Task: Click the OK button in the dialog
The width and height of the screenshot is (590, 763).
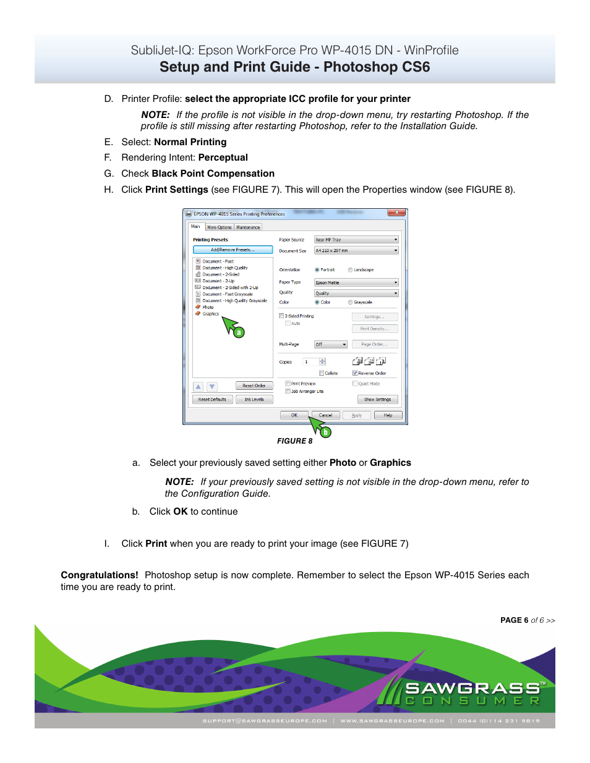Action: pyautogui.click(x=294, y=415)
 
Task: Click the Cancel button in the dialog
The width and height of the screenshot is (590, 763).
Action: pyautogui.click(x=325, y=415)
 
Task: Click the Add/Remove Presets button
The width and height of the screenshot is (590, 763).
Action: pyautogui.click(x=233, y=250)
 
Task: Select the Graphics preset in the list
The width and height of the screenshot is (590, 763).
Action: pyautogui.click(x=211, y=314)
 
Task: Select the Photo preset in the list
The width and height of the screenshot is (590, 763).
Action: pyautogui.click(x=208, y=307)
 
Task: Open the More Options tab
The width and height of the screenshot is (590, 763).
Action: pyautogui.click(x=219, y=227)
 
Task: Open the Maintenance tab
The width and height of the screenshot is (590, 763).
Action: pyautogui.click(x=248, y=227)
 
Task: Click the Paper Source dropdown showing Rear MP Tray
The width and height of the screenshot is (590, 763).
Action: pyautogui.click(x=356, y=240)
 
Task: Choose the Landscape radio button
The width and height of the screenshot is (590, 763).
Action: pyautogui.click(x=351, y=270)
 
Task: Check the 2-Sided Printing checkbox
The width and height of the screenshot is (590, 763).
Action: pyautogui.click(x=282, y=316)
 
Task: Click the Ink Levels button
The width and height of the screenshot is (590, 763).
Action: pyautogui.click(x=254, y=399)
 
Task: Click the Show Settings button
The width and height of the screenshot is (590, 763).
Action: pyautogui.click(x=377, y=399)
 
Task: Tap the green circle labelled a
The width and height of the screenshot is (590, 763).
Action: pyautogui.click(x=239, y=332)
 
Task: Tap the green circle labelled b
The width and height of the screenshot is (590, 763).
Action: pyautogui.click(x=325, y=432)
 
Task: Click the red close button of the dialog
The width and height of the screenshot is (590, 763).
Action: pyautogui.click(x=396, y=213)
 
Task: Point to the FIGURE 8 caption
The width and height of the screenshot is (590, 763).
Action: pyautogui.click(x=294, y=441)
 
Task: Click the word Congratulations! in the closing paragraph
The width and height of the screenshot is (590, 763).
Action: pyautogui.click(x=100, y=575)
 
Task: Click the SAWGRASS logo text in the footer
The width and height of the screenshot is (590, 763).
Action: pyautogui.click(x=472, y=688)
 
